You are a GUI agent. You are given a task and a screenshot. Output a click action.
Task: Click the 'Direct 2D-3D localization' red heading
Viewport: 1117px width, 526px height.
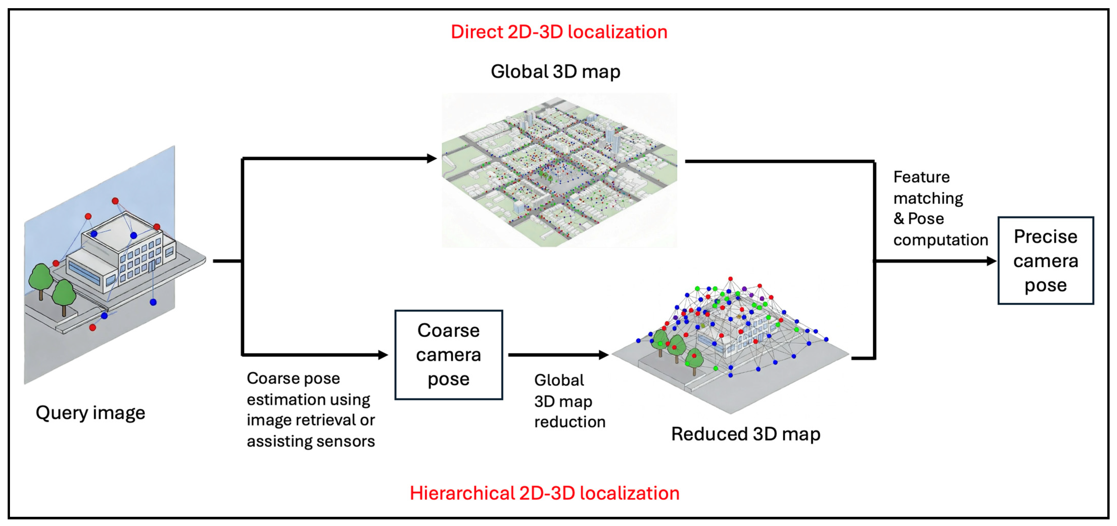(559, 32)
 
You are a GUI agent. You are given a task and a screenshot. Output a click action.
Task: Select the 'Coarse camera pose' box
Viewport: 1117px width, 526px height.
(448, 355)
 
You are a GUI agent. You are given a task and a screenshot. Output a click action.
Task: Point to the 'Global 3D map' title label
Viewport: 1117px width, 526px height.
(555, 72)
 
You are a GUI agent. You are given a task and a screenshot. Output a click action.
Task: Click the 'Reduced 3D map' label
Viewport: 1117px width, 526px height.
(745, 434)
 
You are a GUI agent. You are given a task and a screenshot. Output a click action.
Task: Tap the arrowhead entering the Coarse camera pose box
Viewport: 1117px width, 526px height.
(383, 355)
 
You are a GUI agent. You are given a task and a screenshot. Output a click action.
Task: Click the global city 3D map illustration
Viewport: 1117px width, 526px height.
(559, 170)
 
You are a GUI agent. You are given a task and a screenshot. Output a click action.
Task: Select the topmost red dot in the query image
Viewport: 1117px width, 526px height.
(115, 201)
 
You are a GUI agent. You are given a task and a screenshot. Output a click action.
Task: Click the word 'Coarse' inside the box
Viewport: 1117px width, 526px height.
(448, 331)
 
